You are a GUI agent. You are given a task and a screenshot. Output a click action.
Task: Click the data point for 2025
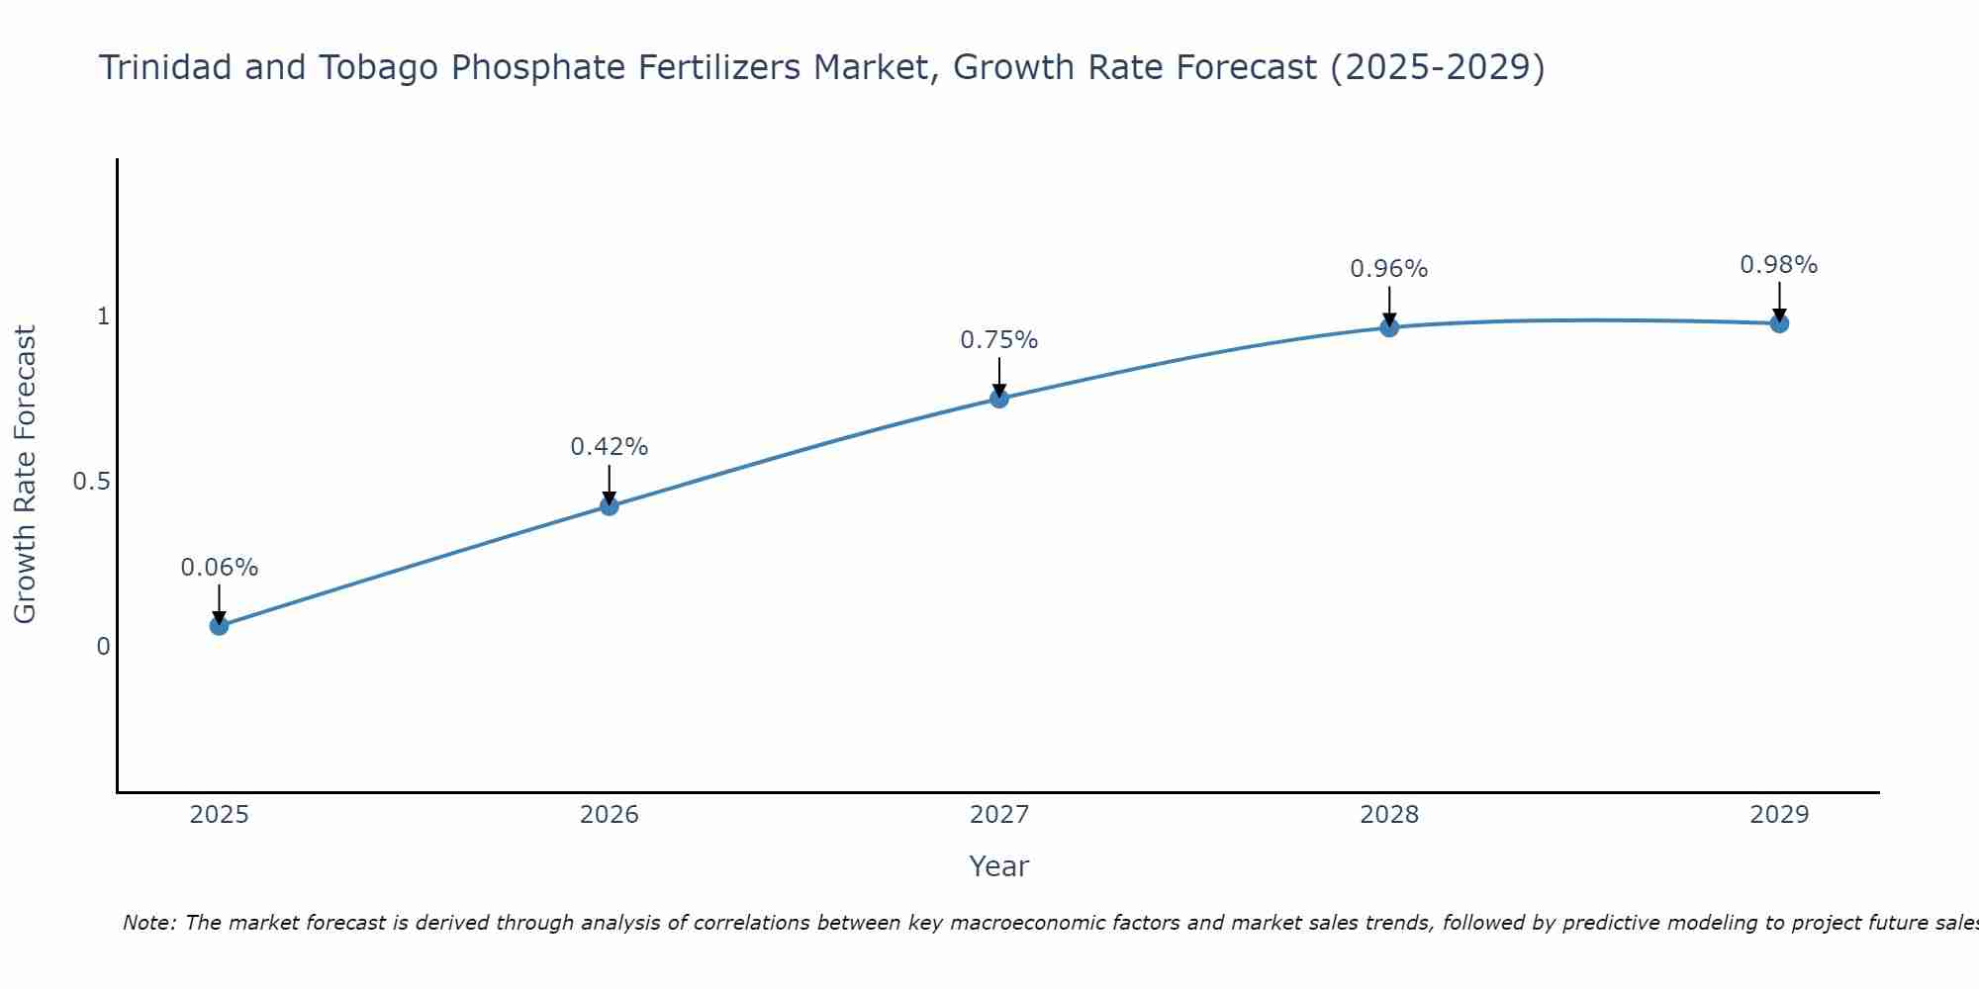(x=219, y=625)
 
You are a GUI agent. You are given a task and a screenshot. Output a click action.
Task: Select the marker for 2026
(x=610, y=505)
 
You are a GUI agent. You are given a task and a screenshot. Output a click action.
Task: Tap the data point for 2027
(x=999, y=399)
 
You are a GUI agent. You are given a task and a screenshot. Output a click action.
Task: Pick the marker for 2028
(x=1389, y=326)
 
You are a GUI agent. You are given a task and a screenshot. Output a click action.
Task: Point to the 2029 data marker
(x=1779, y=322)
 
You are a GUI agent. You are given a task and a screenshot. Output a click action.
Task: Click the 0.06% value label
(x=219, y=568)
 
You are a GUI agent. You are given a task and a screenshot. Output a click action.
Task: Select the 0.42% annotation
(x=610, y=447)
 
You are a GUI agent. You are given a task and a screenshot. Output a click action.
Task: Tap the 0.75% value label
(x=999, y=340)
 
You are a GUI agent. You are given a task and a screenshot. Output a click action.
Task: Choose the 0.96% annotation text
(x=1389, y=269)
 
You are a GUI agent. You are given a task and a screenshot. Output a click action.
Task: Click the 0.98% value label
(x=1779, y=265)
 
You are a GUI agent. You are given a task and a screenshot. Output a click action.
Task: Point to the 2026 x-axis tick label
(x=610, y=815)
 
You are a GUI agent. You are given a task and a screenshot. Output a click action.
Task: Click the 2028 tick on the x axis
(x=1389, y=815)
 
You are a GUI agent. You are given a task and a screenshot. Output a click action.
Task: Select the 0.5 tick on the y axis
(x=91, y=482)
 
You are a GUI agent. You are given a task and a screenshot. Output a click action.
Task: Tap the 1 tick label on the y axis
(x=102, y=316)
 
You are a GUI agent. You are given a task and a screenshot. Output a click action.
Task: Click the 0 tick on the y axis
(x=102, y=647)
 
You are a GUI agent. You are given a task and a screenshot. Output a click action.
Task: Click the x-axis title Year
(x=999, y=866)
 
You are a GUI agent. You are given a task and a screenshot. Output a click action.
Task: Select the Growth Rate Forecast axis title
(x=26, y=475)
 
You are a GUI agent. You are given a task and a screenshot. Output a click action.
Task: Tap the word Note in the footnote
(x=148, y=923)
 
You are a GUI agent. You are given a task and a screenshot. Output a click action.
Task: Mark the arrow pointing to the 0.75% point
(x=999, y=376)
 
